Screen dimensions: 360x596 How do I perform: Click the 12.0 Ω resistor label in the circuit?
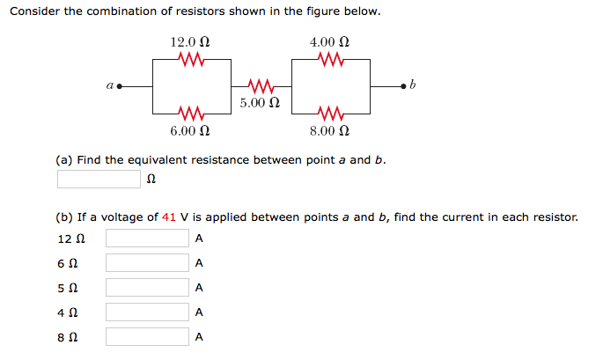click(189, 41)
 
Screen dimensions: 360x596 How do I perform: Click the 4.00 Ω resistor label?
click(329, 41)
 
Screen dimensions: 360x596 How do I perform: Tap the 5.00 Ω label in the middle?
click(259, 103)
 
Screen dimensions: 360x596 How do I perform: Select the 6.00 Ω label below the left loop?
click(189, 130)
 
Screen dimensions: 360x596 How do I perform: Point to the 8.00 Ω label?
click(329, 130)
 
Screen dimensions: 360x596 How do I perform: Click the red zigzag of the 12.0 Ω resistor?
click(191, 60)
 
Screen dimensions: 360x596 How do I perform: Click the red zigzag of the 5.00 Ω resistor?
click(261, 87)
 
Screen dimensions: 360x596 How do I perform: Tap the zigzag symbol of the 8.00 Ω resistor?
click(330, 114)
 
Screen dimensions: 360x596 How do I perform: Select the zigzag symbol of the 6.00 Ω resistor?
click(191, 114)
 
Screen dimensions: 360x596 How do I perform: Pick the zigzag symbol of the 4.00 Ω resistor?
click(330, 60)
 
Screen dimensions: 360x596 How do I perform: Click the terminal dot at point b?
click(403, 87)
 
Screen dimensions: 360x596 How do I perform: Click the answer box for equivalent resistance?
click(99, 180)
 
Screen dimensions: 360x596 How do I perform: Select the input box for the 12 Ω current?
click(147, 239)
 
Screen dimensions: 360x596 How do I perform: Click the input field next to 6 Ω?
click(147, 263)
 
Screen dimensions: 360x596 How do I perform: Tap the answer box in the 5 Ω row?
click(147, 288)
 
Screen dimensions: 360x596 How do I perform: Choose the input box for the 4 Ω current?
click(147, 312)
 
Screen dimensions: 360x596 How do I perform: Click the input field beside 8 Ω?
click(147, 337)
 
